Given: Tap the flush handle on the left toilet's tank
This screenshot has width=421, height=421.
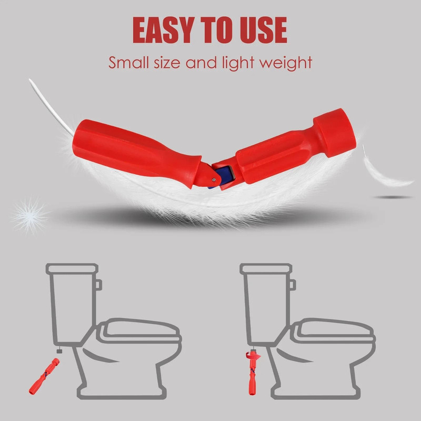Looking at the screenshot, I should [98, 284].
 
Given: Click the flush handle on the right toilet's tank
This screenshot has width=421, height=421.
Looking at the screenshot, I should [292, 284].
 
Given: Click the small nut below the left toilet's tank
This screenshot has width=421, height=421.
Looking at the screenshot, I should [60, 348].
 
